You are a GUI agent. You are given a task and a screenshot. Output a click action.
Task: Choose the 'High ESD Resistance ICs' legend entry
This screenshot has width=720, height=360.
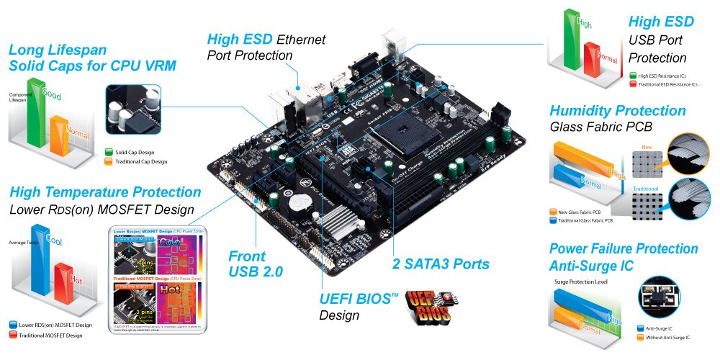(662, 75)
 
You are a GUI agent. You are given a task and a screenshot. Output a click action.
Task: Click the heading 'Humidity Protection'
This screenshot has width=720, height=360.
(617, 111)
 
